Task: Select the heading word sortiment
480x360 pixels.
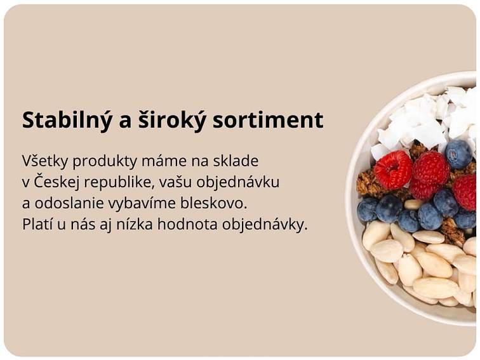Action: pos(268,120)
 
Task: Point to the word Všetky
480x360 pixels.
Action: pos(44,161)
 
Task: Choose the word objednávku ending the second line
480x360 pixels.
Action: pos(238,182)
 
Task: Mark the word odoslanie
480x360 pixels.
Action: pos(69,203)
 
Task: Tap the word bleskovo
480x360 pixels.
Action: pos(213,203)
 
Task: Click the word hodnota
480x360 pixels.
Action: pos(187,224)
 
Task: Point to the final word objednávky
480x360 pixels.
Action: pos(265,225)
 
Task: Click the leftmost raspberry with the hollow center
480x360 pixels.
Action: pos(393,170)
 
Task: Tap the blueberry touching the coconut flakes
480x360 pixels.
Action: pos(458,154)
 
